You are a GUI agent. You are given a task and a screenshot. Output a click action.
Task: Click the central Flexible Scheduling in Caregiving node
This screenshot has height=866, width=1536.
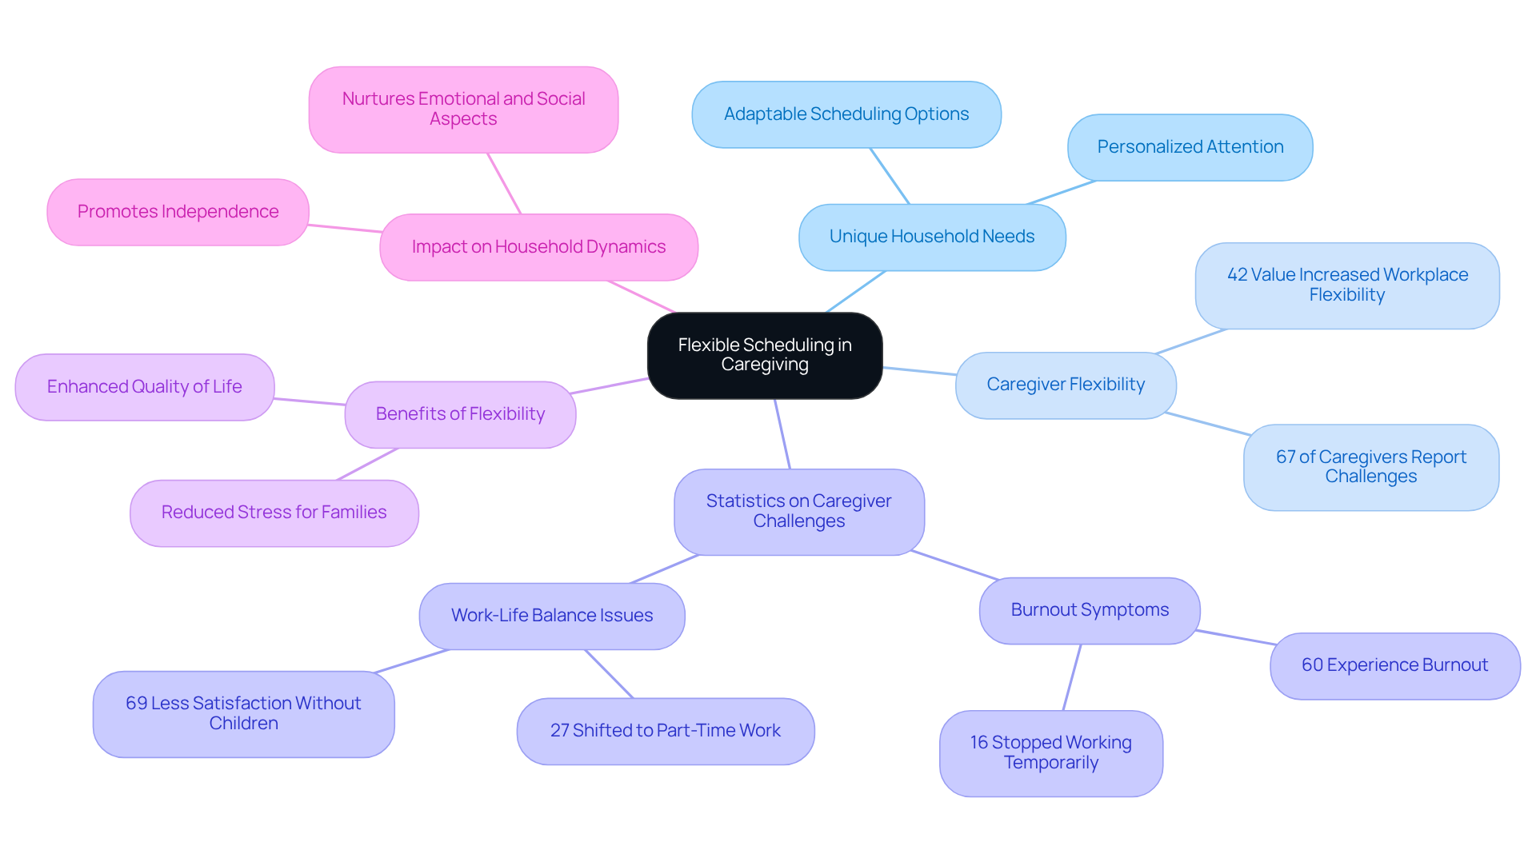765,355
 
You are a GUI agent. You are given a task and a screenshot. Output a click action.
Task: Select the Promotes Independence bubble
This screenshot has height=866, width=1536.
178,212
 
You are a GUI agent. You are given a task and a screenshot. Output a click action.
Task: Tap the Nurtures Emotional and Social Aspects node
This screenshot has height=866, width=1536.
463,110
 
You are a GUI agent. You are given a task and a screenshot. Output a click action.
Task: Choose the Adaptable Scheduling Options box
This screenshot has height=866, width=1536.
846,114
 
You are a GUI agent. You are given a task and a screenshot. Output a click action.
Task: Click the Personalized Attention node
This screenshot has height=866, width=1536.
1190,147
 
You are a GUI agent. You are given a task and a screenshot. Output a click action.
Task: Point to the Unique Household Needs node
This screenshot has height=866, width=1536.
931,237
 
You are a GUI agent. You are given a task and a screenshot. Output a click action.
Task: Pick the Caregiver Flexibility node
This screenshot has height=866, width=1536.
1065,385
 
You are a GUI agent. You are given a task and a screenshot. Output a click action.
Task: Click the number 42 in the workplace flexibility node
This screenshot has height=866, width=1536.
1237,275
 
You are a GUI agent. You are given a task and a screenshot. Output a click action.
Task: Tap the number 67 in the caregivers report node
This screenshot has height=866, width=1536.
1285,457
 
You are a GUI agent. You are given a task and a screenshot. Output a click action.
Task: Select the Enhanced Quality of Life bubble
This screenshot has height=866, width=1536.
144,387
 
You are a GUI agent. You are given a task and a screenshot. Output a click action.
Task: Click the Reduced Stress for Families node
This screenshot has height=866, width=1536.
274,513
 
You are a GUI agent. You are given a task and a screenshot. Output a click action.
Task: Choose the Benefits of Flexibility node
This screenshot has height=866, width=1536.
460,414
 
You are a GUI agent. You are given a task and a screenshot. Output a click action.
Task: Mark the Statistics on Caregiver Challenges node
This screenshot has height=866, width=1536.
798,511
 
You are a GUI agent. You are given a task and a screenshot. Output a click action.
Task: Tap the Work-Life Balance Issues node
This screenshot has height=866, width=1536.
551,616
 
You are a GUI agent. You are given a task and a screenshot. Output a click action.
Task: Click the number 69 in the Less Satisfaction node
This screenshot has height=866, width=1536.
136,704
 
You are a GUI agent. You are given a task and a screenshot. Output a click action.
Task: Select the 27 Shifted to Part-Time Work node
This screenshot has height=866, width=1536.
665,731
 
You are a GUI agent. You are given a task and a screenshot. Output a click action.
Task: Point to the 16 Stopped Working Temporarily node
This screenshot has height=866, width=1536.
1050,752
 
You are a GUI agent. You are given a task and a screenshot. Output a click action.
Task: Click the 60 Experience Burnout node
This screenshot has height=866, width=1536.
1394,665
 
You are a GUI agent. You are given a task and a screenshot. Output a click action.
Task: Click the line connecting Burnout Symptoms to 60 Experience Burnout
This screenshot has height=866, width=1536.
1235,637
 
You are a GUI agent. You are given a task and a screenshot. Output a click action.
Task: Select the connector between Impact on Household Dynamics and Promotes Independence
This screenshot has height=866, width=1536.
345,229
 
